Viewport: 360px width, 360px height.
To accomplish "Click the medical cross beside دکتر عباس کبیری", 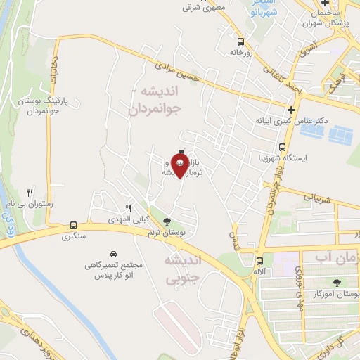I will point(290,109).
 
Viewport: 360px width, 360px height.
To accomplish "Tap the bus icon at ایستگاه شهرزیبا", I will point(282,148).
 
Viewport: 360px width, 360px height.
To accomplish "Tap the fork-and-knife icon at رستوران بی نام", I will point(30,192).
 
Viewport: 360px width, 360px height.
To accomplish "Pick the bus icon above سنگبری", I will point(73,226).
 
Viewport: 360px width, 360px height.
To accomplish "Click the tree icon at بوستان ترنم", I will point(166,221).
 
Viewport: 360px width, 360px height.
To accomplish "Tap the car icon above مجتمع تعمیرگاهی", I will point(112,253).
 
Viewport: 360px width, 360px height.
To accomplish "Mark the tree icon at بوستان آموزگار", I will point(335,283).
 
